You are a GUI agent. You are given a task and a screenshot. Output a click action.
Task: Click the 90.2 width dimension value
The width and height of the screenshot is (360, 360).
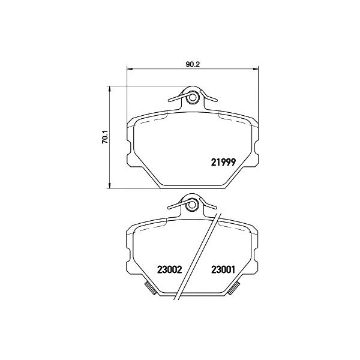tap(193, 64)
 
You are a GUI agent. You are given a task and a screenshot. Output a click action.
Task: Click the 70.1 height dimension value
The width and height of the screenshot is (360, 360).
tap(105, 137)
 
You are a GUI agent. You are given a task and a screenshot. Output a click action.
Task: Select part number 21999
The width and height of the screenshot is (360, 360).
tap(223, 163)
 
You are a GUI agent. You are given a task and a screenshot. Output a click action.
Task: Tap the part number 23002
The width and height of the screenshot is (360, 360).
tap(169, 269)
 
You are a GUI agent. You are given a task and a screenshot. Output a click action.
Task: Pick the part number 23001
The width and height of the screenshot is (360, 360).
tap(223, 269)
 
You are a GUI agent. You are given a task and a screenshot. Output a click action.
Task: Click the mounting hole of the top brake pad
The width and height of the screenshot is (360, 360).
tap(193, 98)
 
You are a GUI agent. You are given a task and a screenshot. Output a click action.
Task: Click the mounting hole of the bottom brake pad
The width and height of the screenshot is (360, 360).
tap(191, 205)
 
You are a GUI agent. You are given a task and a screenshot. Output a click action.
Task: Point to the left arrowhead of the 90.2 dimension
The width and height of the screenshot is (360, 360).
tap(130, 68)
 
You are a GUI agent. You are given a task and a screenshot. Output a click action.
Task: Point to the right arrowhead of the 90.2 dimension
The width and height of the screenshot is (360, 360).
tap(256, 68)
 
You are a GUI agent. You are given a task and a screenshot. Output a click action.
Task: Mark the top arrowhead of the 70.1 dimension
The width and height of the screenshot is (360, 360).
tap(110, 89)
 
